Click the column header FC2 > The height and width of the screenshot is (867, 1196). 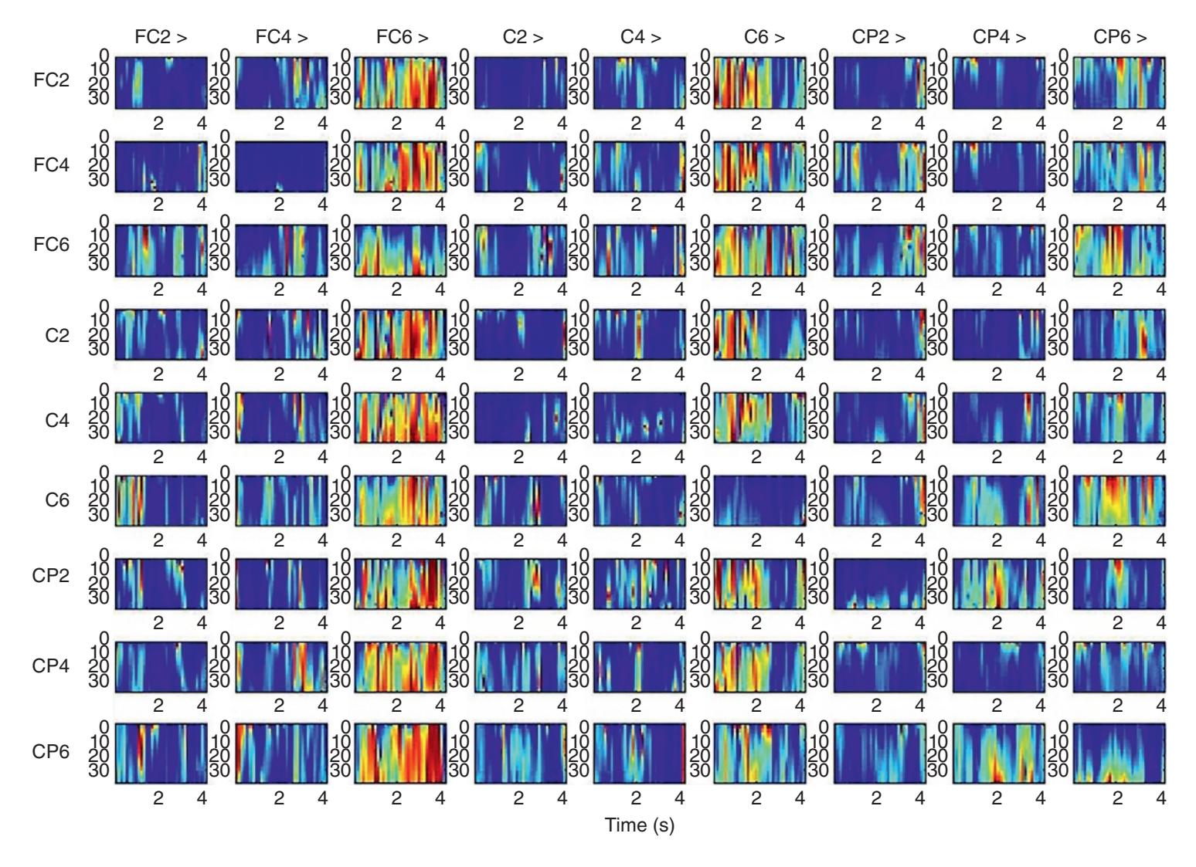(160, 37)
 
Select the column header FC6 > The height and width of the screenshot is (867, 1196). (402, 37)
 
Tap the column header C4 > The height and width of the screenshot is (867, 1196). (640, 37)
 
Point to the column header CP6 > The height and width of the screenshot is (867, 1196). (1120, 37)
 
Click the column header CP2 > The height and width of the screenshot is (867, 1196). (879, 37)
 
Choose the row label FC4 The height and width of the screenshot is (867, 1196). (52, 164)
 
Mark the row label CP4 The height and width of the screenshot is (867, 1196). (51, 665)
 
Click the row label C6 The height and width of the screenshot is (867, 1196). (57, 500)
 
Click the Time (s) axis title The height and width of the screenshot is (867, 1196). (640, 825)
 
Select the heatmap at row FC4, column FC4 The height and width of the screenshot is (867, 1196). (280, 167)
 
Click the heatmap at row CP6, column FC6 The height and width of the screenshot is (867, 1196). (400, 753)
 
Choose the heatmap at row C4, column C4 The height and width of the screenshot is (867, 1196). (640, 418)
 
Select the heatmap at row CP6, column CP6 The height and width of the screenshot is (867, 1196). (1120, 753)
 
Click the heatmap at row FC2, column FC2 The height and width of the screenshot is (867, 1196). (161, 83)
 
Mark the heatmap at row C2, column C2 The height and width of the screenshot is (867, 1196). (520, 334)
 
